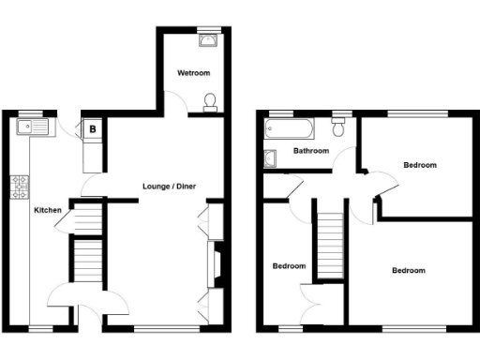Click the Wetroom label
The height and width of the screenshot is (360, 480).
[194, 72]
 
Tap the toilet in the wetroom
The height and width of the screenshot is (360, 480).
[211, 101]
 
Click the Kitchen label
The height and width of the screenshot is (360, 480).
[48, 210]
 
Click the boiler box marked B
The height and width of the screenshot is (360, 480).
[93, 128]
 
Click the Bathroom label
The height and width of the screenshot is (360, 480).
[310, 150]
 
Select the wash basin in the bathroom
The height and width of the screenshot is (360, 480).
[272, 157]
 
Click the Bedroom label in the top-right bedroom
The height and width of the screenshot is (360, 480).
[419, 165]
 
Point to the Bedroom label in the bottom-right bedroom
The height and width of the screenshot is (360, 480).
[408, 270]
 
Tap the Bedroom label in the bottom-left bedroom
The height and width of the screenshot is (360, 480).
[289, 265]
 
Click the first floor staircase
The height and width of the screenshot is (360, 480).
[329, 244]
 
